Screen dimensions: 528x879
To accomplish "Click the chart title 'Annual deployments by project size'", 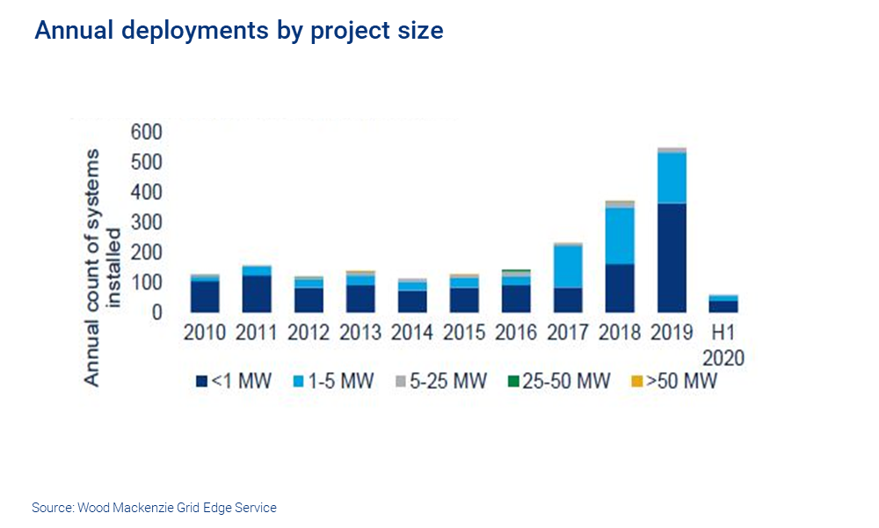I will [238, 31].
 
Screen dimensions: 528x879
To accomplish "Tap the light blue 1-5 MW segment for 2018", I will [620, 235].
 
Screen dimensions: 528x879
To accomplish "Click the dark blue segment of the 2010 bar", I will [205, 297].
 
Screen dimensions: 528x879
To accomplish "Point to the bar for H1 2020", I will [723, 304].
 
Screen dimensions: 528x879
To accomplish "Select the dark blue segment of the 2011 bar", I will [257, 294].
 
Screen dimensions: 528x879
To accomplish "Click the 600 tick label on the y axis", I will [147, 132].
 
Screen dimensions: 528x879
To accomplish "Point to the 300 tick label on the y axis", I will [147, 223].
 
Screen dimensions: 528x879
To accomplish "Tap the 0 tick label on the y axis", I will [157, 313].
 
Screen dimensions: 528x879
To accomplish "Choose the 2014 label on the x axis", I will [412, 334].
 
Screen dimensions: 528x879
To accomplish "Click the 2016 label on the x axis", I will [516, 334].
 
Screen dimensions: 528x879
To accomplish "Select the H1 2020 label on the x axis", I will [723, 345].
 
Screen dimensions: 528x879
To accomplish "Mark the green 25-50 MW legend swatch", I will [512, 382].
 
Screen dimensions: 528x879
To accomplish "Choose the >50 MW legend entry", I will [674, 382].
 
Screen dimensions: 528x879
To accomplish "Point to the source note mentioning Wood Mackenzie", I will [154, 508].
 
